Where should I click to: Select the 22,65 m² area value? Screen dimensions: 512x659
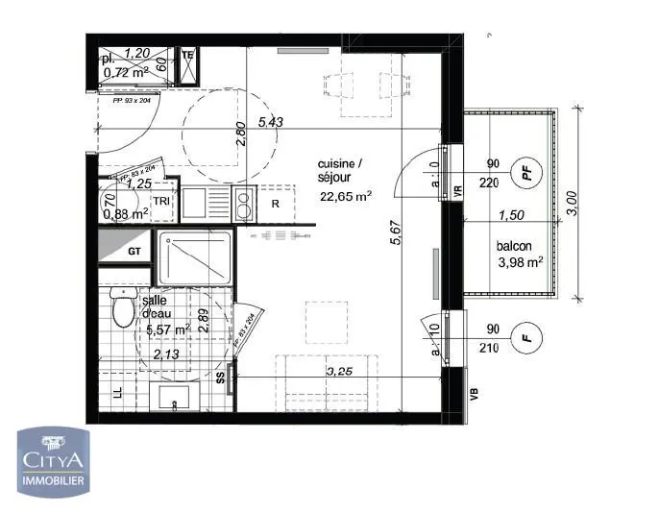tap(345, 198)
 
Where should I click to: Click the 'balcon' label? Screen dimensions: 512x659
tap(515, 246)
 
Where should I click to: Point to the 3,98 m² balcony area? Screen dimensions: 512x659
tap(520, 262)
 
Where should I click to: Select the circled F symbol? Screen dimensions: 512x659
tap(525, 338)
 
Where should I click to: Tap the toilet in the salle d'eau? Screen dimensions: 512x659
tap(122, 309)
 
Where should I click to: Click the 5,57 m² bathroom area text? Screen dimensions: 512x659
tap(167, 329)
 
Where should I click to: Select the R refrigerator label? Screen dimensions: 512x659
tap(275, 204)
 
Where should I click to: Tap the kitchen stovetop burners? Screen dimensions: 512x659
tap(244, 205)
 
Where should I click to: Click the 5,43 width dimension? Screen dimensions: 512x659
tap(270, 122)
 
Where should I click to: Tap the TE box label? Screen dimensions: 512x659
tap(188, 56)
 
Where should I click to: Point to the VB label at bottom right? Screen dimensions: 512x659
tap(473, 393)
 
